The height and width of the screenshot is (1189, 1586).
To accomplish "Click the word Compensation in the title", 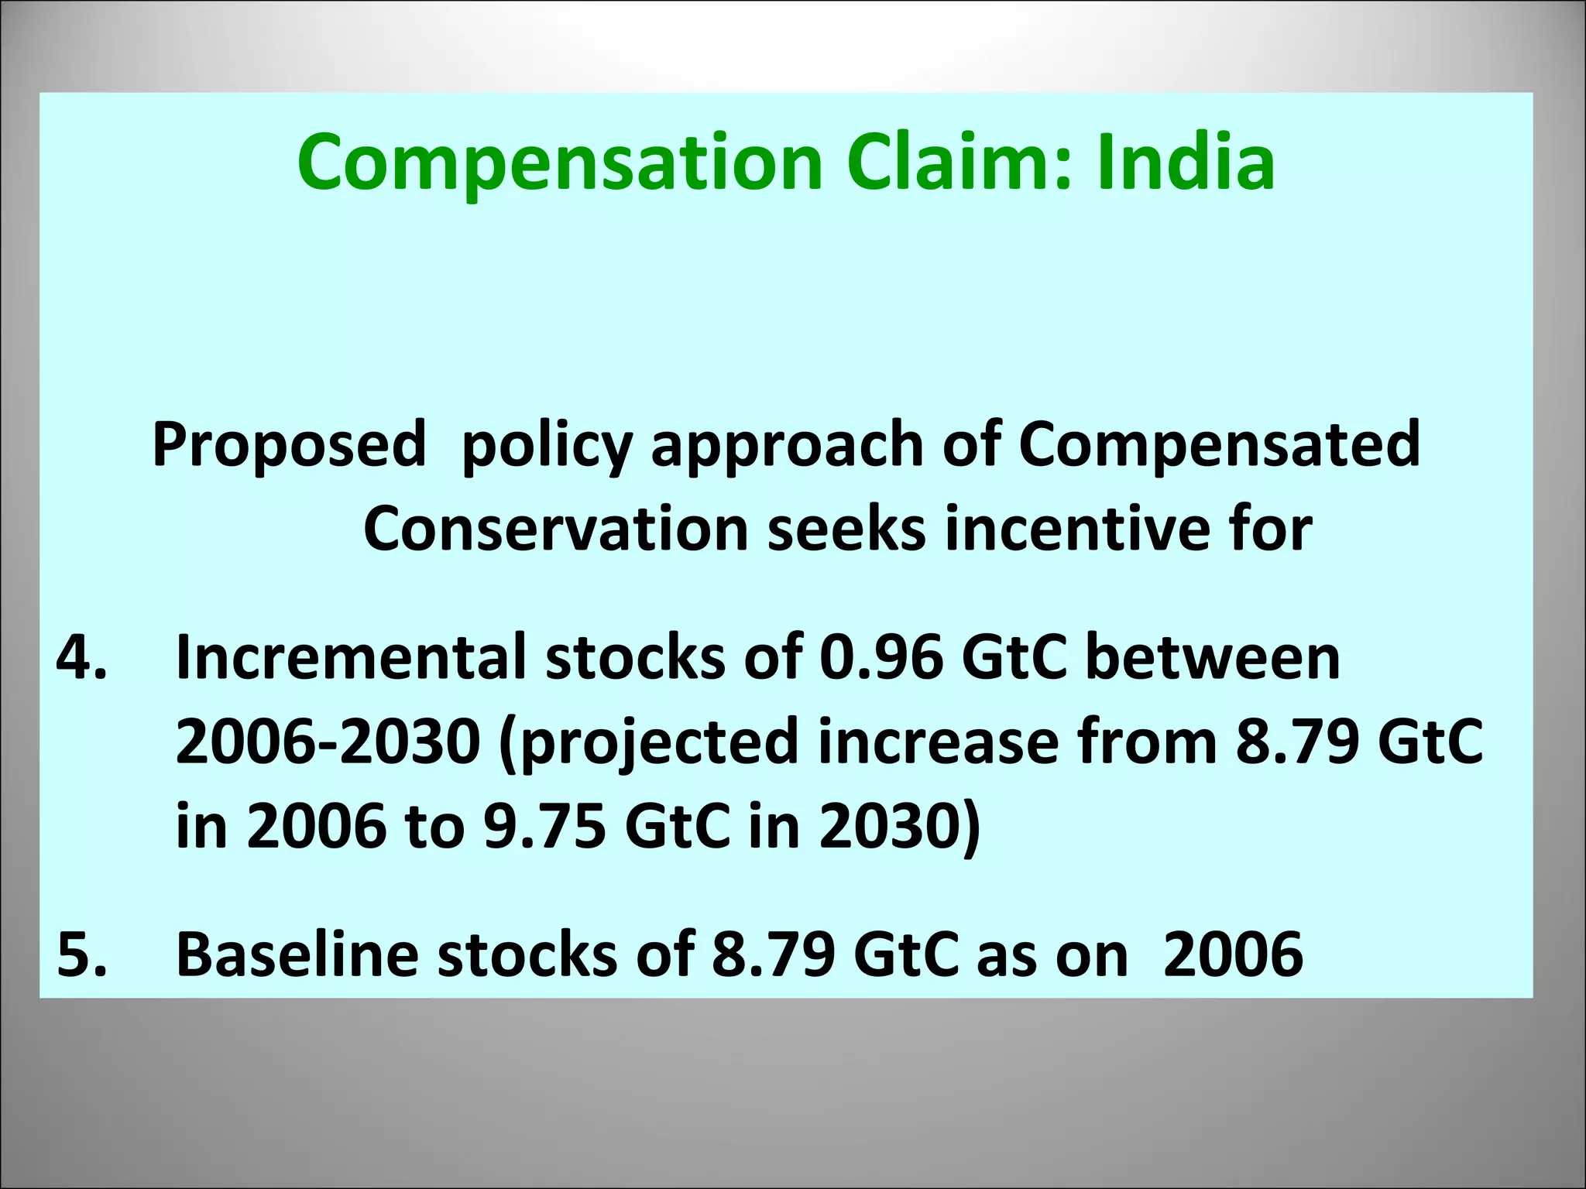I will [x=558, y=163].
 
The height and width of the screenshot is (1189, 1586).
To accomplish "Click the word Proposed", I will [x=289, y=445].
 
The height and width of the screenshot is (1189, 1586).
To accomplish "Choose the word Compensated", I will [x=1219, y=445].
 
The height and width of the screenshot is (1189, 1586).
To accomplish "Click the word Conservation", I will [x=555, y=530].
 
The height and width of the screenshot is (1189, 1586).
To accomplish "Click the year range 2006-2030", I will [x=328, y=742].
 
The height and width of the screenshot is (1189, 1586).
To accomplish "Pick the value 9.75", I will [x=544, y=826].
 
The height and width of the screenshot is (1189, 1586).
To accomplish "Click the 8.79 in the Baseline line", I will [x=773, y=954].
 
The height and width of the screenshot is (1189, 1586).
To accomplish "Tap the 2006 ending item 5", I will [x=1233, y=954].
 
